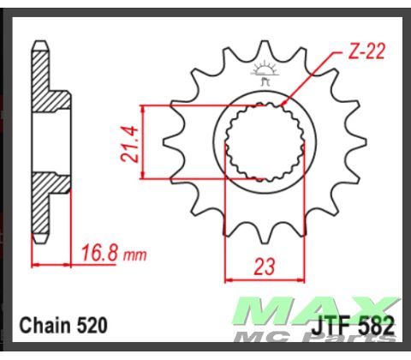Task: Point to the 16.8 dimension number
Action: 100,255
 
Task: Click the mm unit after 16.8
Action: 135,256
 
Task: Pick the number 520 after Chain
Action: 91,327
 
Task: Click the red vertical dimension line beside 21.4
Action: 143,141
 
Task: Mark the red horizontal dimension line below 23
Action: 265,279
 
